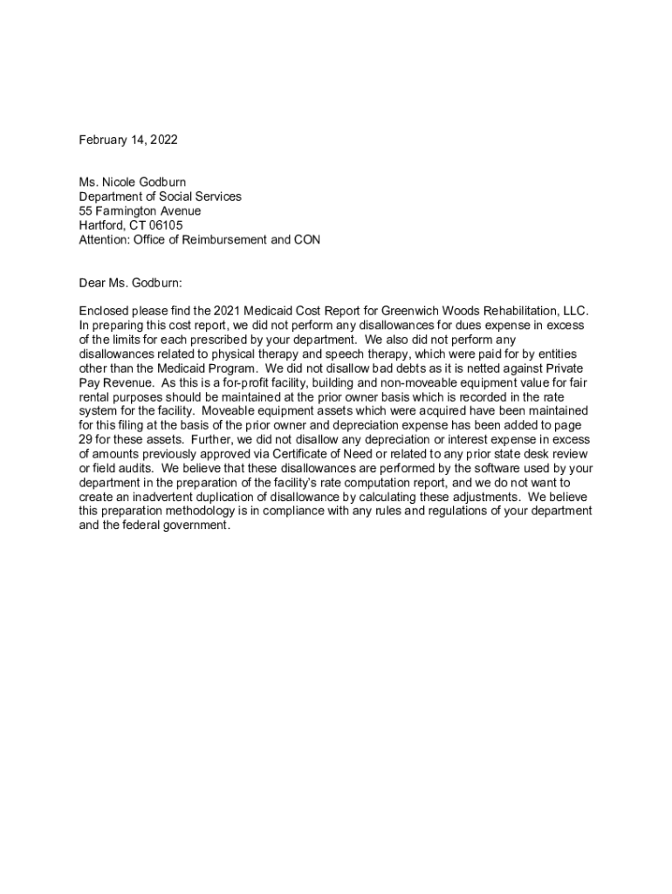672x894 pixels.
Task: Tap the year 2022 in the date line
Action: tap(163, 140)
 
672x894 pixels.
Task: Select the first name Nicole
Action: tap(123, 182)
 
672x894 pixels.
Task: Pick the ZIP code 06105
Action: tap(166, 225)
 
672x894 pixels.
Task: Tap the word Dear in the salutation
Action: tap(93, 283)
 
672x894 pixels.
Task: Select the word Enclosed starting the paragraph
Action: tap(105, 311)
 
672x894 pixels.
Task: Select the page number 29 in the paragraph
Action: tap(86, 440)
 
